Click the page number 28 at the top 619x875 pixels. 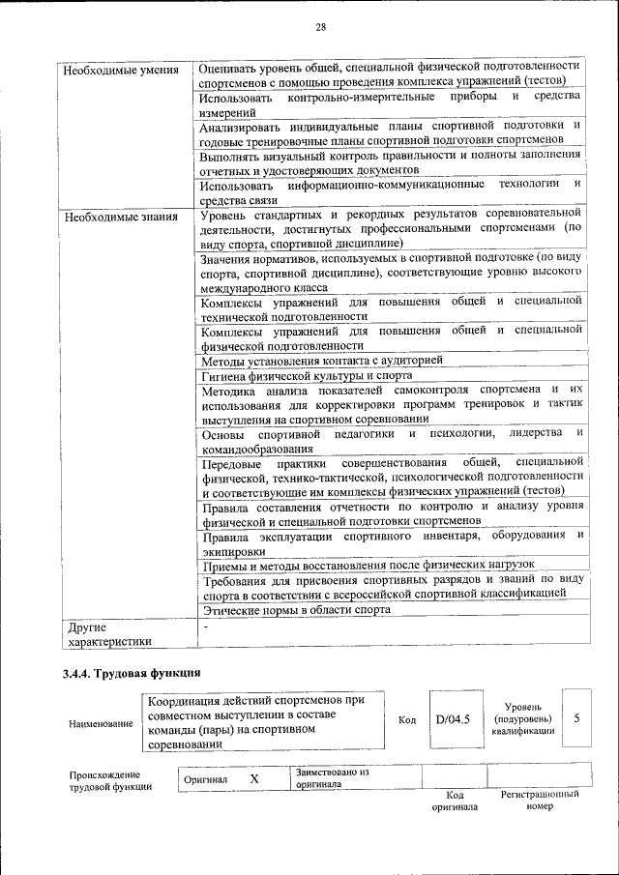(320, 26)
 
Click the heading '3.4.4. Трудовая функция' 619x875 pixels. (132, 673)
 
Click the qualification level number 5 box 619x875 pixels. (577, 719)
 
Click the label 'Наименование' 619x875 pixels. (101, 724)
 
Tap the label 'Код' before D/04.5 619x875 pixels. (407, 720)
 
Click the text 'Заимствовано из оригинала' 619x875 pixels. (335, 778)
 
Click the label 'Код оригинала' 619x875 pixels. (454, 801)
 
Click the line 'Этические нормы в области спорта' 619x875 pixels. (296, 610)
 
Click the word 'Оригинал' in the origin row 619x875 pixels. (205, 778)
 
